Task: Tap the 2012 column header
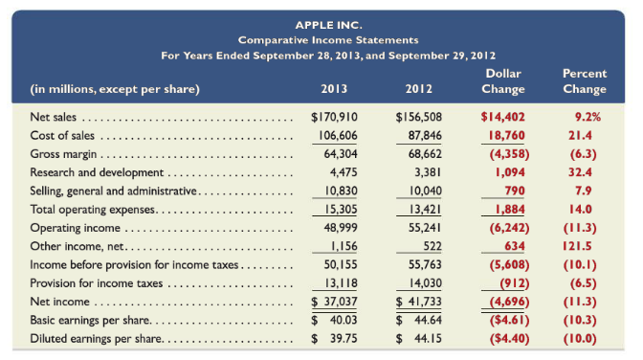coord(418,90)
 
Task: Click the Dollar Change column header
coord(503,81)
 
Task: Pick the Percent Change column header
coord(585,81)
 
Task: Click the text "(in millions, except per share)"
coord(115,90)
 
